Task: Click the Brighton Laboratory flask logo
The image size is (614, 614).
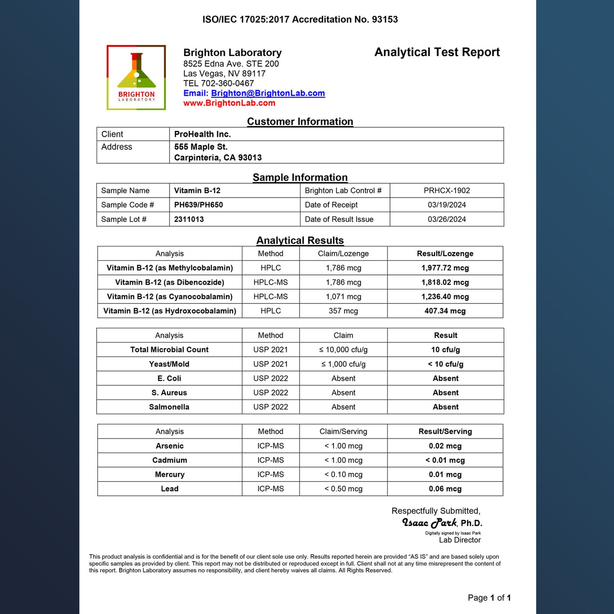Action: point(136,77)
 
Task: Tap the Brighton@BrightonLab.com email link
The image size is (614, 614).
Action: point(268,93)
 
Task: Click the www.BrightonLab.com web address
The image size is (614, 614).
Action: point(229,103)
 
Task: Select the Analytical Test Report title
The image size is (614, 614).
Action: point(437,52)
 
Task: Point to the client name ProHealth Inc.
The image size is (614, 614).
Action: point(202,134)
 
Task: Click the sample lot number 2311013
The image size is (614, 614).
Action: point(189,219)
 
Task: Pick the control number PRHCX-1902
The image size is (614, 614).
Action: point(447,191)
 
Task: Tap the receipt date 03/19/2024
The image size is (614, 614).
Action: point(447,205)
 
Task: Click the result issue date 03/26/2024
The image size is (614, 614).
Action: point(447,219)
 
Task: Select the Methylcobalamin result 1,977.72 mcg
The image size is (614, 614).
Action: point(445,268)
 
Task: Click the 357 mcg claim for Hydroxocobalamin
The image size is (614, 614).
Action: point(343,311)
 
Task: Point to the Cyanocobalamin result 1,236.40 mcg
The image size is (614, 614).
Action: point(445,297)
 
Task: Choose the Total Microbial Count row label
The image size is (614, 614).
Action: point(169,350)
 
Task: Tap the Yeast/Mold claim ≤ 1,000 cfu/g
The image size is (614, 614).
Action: point(343,364)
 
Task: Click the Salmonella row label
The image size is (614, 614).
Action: point(169,407)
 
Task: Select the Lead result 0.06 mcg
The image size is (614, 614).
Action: point(445,489)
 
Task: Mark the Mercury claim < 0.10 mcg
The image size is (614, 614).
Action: point(343,475)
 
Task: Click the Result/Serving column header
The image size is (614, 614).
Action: point(445,432)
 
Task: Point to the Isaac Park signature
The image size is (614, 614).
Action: point(429,523)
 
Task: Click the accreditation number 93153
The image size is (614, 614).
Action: point(385,20)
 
